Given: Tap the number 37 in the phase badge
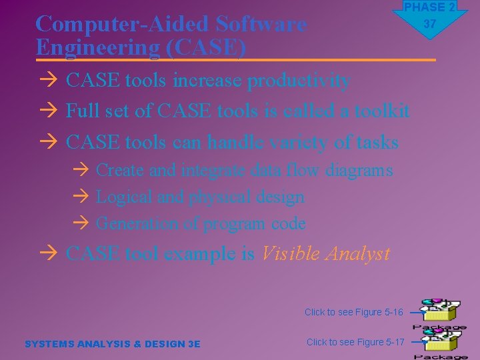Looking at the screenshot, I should click(429, 24).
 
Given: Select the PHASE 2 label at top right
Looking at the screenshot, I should click(429, 7).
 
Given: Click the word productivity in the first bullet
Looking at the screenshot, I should click(299, 81).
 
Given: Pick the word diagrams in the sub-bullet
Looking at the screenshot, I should click(359, 170).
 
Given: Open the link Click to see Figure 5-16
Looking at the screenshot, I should click(354, 312).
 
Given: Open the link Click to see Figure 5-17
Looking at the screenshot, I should click(355, 342).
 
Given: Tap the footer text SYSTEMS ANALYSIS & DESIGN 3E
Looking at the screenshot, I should click(112, 344).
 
